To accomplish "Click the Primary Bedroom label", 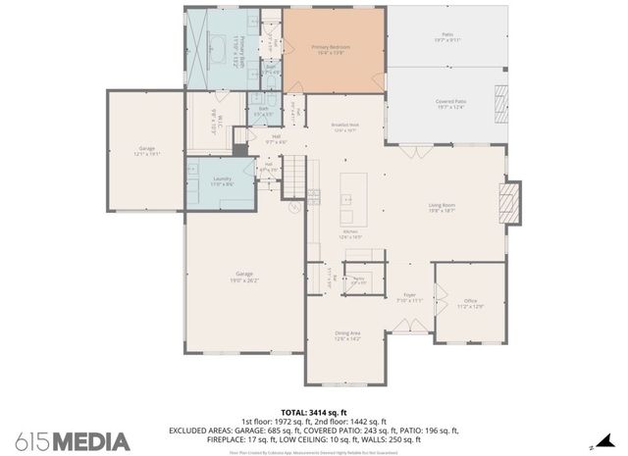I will pos(331,49).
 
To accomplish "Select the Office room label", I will pos(470,303).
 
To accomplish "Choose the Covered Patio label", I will pos(450,103).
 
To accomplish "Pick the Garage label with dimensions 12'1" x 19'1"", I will pos(145,151).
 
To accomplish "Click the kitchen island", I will pos(347,201).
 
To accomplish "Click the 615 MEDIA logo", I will pos(75,440).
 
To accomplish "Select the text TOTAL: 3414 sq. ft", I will pos(314,412).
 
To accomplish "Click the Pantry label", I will pos(360,279).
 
